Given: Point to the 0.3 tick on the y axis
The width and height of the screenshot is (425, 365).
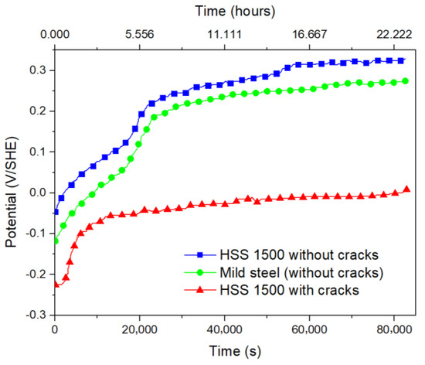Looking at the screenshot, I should click(36, 70).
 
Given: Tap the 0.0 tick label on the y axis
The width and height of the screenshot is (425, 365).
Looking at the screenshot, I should click(36, 193).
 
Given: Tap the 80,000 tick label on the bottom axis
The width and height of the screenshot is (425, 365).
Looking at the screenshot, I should click(394, 331).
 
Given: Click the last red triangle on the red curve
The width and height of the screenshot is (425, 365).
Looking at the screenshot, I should click(407, 189).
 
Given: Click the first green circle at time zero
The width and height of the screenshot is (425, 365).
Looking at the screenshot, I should click(55, 241).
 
